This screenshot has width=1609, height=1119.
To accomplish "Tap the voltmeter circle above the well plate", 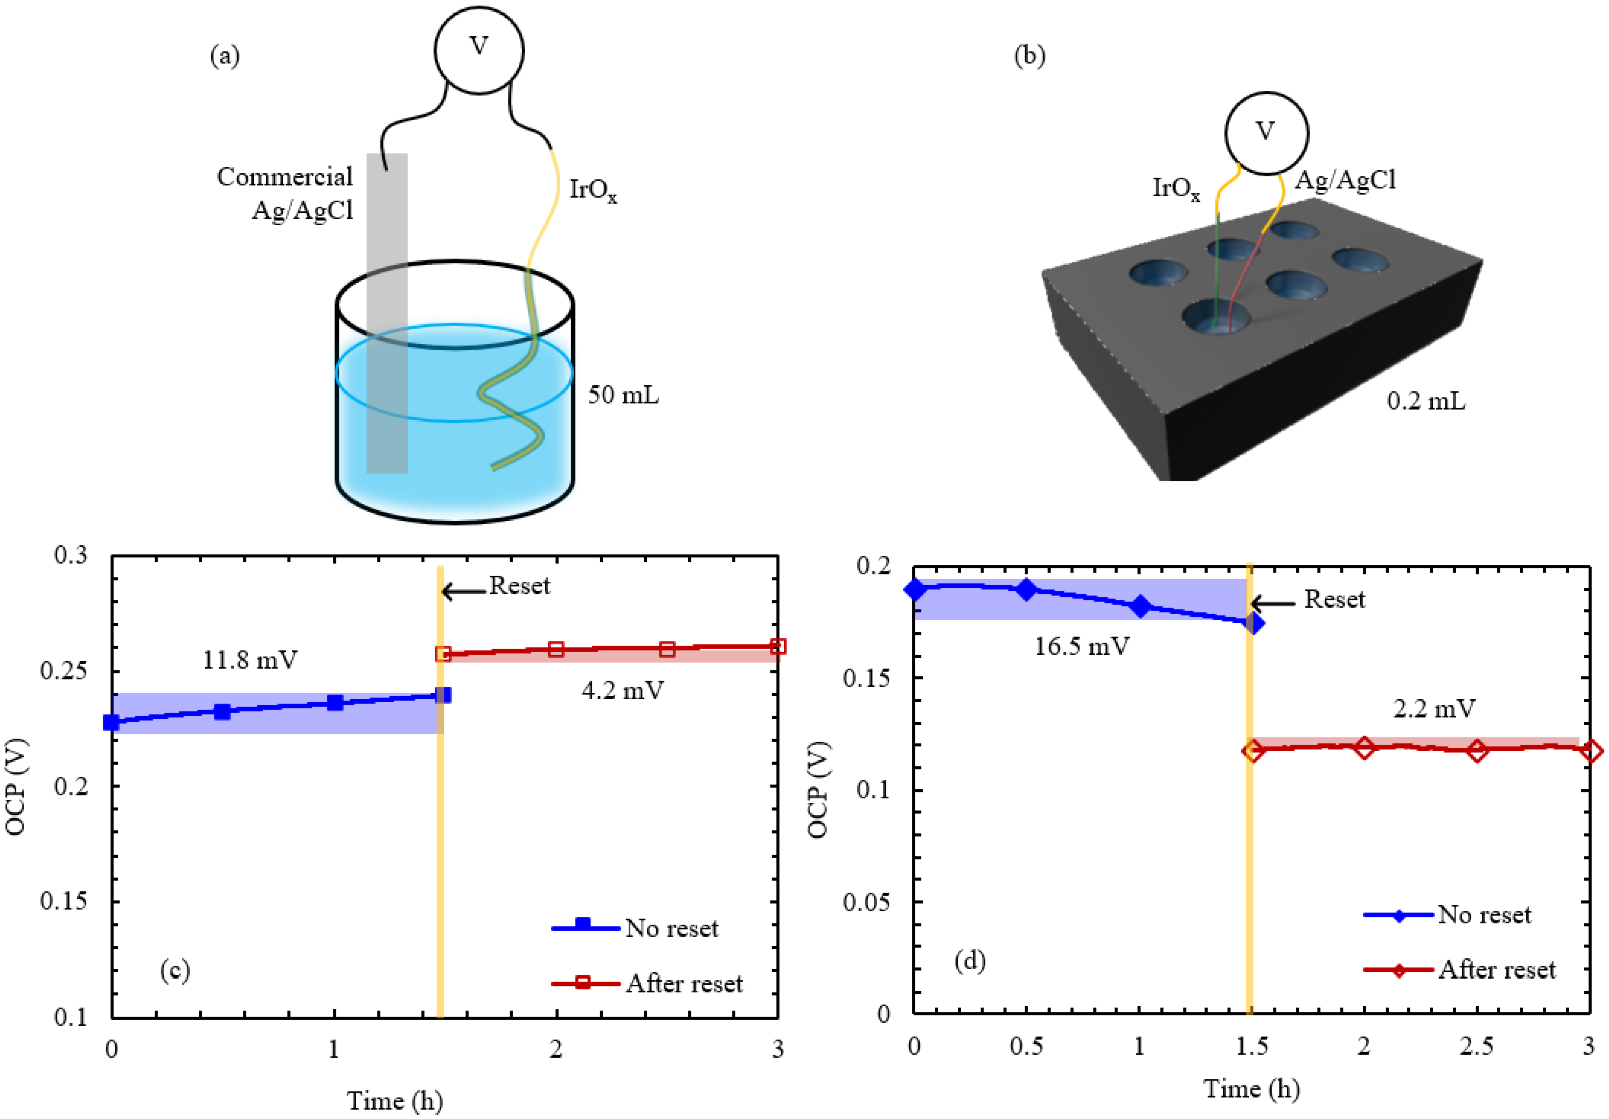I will (x=1266, y=133).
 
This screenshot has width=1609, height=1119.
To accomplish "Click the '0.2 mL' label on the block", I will (x=1425, y=401).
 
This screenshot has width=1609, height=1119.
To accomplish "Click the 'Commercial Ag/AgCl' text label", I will (x=285, y=193).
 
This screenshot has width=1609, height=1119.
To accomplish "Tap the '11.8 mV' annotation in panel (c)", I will (x=250, y=660).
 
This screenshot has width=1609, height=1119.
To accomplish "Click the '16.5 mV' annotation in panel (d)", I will (x=1081, y=646).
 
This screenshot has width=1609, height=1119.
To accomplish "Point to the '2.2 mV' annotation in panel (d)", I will (x=1434, y=709).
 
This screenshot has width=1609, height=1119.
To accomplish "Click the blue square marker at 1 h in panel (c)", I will (x=335, y=703).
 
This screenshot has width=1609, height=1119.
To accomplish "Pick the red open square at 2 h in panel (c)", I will (x=556, y=649).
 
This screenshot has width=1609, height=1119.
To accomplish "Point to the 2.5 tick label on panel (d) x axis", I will (x=1477, y=1047).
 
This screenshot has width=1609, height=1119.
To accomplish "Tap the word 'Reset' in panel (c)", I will (x=519, y=585).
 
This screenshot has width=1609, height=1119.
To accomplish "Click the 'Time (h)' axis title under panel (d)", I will (x=1252, y=1089).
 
